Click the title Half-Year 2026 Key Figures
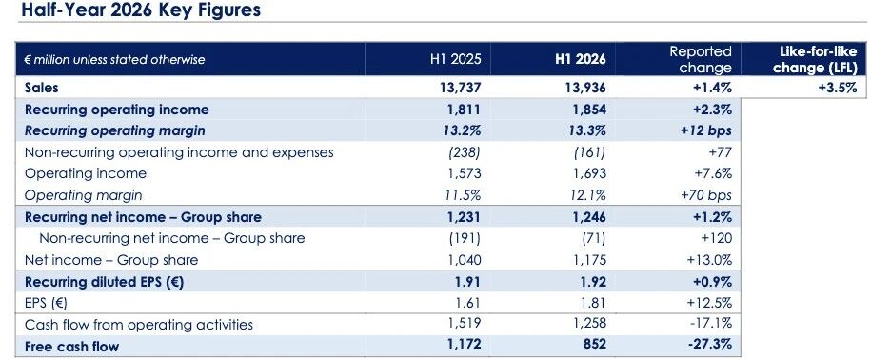(x=140, y=10)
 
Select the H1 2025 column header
(x=455, y=59)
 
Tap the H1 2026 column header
(x=580, y=59)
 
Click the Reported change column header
(x=700, y=59)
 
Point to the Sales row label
(x=42, y=88)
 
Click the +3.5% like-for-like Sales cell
(x=838, y=88)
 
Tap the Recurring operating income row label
(x=116, y=110)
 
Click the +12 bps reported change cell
(x=705, y=130)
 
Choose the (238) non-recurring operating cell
(x=465, y=152)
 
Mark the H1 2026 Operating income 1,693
(x=589, y=173)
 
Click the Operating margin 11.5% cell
(x=463, y=195)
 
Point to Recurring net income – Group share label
(x=143, y=217)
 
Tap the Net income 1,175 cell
(x=589, y=260)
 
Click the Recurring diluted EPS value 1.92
(x=593, y=282)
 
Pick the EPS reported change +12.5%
(x=709, y=303)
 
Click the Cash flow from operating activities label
(x=139, y=325)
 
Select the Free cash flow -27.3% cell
(x=709, y=344)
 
